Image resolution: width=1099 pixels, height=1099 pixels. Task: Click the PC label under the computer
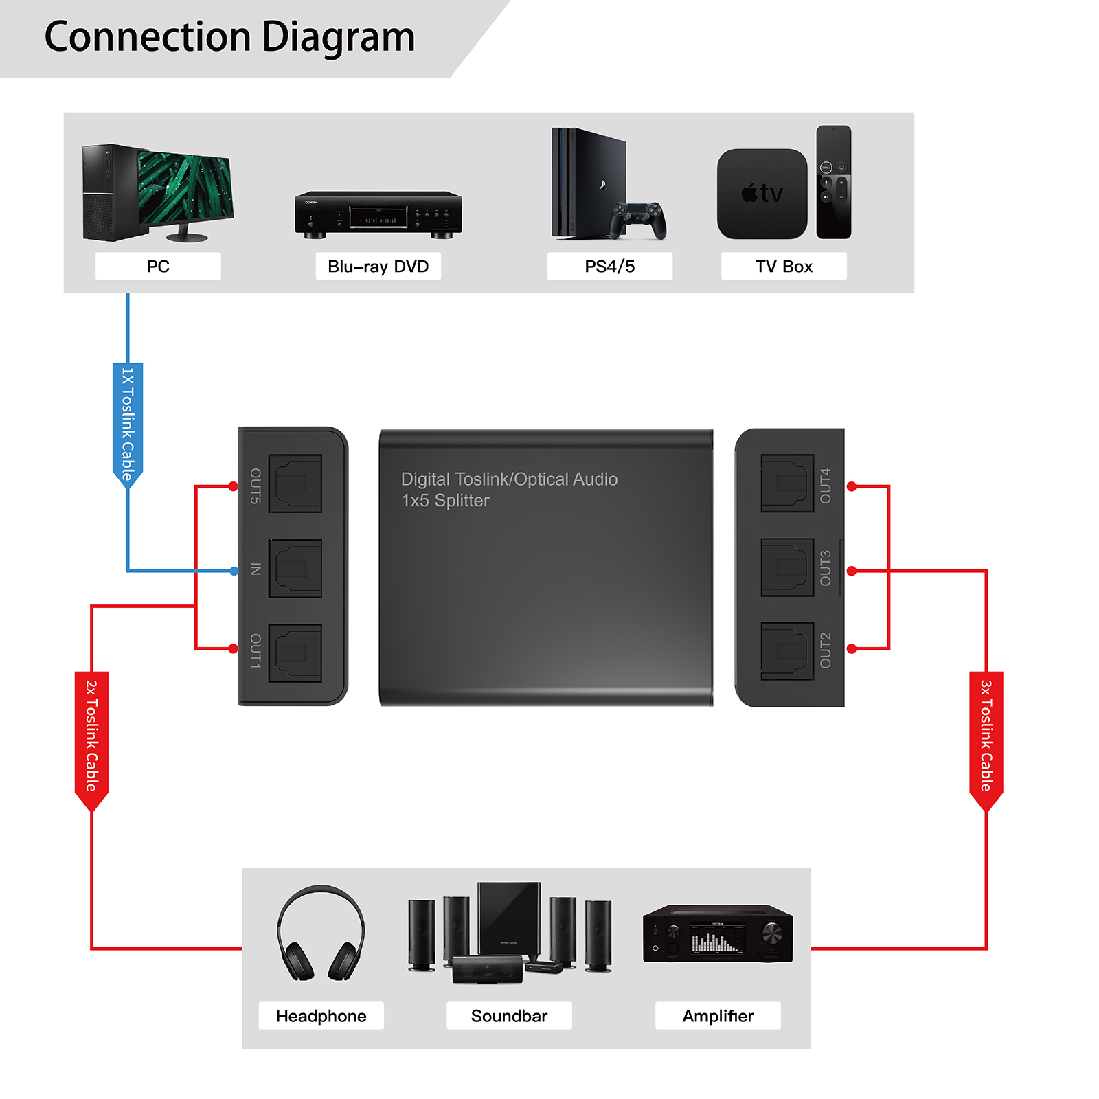coord(158,267)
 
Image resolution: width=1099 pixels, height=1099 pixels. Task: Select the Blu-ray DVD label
coord(378,267)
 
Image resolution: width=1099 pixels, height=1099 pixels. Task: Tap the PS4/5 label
coord(609,267)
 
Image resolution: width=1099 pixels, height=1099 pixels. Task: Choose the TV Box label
coord(784,267)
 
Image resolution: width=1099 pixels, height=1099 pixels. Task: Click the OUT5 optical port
coord(295,484)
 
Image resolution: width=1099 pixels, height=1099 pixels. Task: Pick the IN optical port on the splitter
coord(295,569)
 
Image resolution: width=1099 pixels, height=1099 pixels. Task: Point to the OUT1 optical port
coord(295,653)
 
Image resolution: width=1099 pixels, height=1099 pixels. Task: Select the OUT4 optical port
coord(787,484)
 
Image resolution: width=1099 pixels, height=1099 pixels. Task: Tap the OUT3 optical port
coord(787,568)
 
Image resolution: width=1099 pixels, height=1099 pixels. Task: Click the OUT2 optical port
coord(787,651)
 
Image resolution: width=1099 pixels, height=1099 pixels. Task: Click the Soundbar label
coord(509,1016)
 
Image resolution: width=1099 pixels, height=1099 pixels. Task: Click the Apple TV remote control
coord(834,182)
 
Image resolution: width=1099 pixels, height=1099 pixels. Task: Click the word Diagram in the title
coord(339,37)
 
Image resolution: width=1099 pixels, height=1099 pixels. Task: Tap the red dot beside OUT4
coord(852,486)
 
